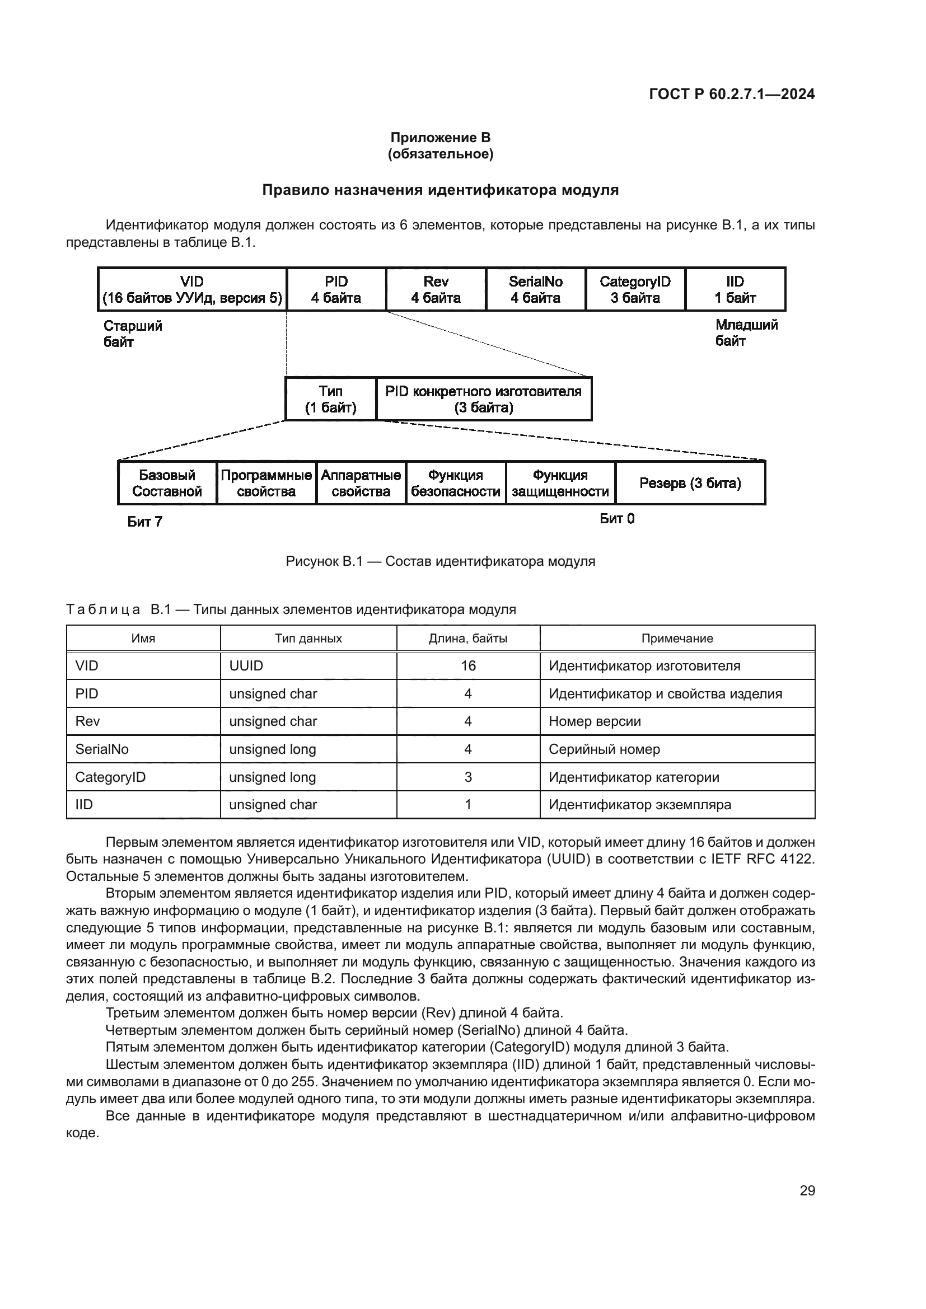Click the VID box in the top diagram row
click(x=192, y=290)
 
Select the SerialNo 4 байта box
click(x=535, y=290)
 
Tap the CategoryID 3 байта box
click(x=635, y=290)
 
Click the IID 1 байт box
click(x=735, y=290)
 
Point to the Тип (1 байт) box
click(x=331, y=399)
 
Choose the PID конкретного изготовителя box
click(x=484, y=399)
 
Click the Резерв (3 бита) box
click(x=690, y=484)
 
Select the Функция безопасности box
click(x=456, y=484)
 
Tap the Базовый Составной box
click(x=167, y=484)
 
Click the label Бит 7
click(x=145, y=522)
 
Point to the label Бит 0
click(x=617, y=519)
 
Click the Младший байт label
click(x=746, y=333)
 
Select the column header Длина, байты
click(x=468, y=639)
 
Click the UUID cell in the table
click(x=246, y=666)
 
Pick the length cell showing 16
click(x=468, y=666)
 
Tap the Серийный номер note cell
click(x=605, y=749)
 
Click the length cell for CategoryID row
click(x=468, y=777)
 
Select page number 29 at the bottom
click(x=807, y=1191)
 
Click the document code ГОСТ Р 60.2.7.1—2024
click(x=732, y=95)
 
